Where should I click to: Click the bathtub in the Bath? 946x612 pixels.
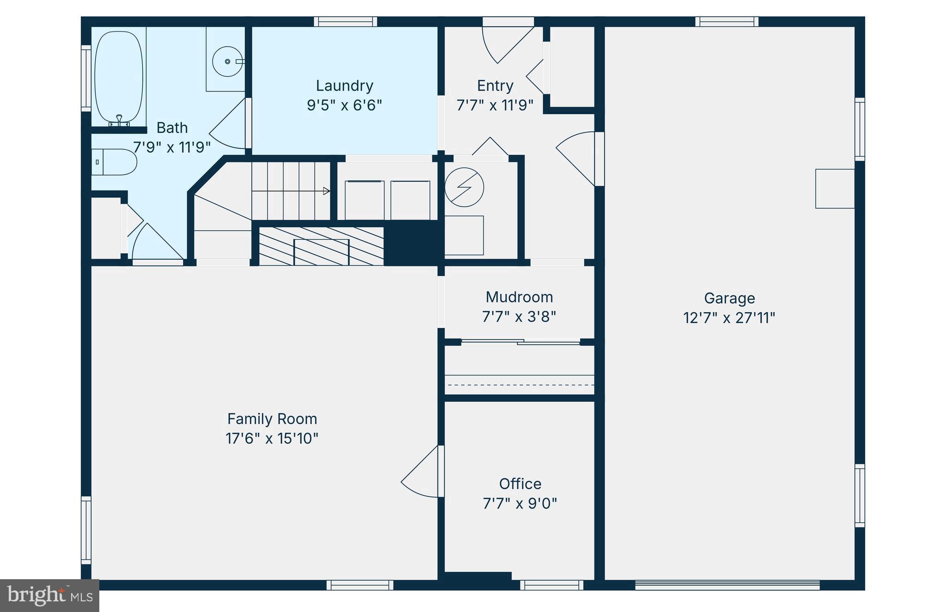point(119,77)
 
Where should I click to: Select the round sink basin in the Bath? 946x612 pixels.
point(227,61)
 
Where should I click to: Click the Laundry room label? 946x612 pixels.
point(345,85)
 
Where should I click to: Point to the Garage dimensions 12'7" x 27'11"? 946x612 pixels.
point(729,318)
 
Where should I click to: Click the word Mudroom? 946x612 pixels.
point(519,297)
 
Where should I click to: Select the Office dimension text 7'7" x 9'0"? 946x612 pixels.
point(520,503)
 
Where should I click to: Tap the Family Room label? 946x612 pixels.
point(272,419)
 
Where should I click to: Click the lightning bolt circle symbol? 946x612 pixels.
point(464,188)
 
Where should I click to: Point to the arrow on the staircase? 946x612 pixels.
point(326,191)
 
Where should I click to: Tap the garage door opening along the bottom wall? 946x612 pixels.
point(727,585)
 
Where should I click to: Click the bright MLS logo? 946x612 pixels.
point(49,595)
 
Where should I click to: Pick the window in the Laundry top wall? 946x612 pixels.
point(346,21)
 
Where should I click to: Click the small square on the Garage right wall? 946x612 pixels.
point(835,188)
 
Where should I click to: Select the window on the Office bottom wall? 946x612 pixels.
point(552,585)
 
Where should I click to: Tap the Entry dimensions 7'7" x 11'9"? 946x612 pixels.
point(495,106)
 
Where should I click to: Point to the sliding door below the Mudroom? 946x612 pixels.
point(521,342)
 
